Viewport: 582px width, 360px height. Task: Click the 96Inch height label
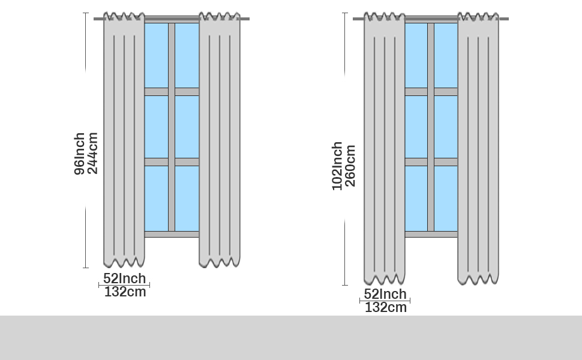point(79,154)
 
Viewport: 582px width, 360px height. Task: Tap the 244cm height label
point(92,153)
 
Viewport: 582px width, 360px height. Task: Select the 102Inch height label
point(337,166)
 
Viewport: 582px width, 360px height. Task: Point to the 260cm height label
point(350,166)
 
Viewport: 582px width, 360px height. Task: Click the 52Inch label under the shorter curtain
point(124,278)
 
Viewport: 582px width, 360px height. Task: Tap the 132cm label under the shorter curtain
point(125,292)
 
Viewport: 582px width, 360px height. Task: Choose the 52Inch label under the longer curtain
point(385,294)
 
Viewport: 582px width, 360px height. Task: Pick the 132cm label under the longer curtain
point(385,307)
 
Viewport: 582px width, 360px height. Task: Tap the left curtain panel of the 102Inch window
point(384,150)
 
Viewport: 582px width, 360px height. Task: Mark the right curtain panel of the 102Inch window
point(478,150)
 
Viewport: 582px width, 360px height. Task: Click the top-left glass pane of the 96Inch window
point(156,55)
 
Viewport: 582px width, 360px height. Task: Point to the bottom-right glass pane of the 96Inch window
point(187,198)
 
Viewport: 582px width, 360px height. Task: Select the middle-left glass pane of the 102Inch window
point(416,127)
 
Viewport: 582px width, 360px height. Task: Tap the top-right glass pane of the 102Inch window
point(446,55)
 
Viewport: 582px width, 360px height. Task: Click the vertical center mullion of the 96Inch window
point(172,127)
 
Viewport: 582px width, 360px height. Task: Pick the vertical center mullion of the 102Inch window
point(431,127)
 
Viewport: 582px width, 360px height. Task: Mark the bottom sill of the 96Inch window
point(172,234)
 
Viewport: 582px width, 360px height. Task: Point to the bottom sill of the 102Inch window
point(431,234)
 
